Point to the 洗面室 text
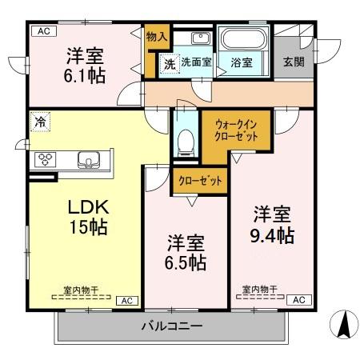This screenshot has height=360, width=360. pyautogui.click(x=196, y=62)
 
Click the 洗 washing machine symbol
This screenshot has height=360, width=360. pyautogui.click(x=170, y=62)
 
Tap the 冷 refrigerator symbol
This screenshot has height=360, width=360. pyautogui.click(x=40, y=122)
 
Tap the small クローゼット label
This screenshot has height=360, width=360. pyautogui.click(x=200, y=182)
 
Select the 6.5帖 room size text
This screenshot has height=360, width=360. pyautogui.click(x=186, y=262)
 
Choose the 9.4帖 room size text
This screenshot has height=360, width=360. pyautogui.click(x=272, y=235)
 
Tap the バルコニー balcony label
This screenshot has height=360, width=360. pyautogui.click(x=172, y=326)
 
